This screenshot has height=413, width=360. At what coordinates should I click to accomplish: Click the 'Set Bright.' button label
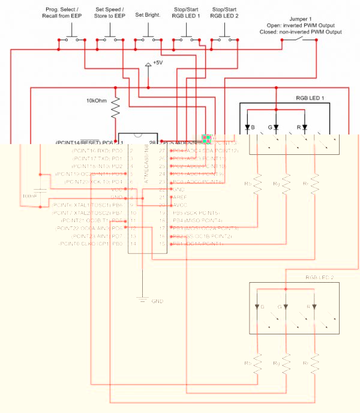coord(148,14)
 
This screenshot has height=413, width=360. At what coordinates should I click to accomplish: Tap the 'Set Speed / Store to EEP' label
coord(109,13)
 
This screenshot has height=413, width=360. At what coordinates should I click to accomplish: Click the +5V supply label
coord(158,62)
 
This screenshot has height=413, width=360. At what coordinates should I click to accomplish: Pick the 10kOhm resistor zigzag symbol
coord(116,108)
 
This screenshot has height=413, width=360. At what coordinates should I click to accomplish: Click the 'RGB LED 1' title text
coord(310,98)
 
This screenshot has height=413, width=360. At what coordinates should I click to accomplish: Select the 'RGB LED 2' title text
coord(320,277)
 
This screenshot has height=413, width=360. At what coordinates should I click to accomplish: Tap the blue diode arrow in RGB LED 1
coord(247,127)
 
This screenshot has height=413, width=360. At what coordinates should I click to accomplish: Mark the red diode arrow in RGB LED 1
coord(305,127)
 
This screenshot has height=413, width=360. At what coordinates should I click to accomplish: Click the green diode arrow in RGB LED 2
coord(286,307)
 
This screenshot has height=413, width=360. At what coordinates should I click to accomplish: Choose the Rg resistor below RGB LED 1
coord(286,184)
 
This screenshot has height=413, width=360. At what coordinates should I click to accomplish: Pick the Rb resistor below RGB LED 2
coord(257,363)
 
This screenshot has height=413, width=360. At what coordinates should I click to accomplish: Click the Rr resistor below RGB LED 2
coord(314,363)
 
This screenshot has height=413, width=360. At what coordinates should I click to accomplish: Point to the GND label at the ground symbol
coord(157,301)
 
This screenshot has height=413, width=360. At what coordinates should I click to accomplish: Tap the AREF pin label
coord(179,197)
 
